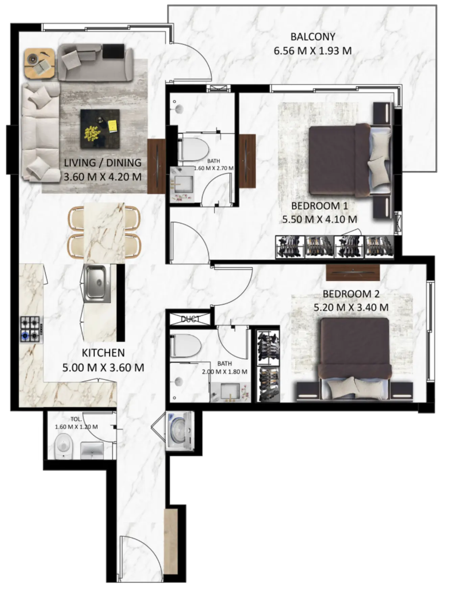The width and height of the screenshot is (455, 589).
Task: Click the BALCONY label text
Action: (x=312, y=37)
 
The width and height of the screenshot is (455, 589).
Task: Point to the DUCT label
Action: (x=190, y=319)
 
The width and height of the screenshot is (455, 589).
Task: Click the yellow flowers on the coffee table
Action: (x=92, y=133)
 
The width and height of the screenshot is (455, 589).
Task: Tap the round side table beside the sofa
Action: (x=39, y=63)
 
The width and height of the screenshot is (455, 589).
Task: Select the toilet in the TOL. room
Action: (x=64, y=446)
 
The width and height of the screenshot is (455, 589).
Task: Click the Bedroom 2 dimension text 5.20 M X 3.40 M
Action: (x=351, y=308)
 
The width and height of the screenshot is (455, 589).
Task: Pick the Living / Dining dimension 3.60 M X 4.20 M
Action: (x=102, y=177)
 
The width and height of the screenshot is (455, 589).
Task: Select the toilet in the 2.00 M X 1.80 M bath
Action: (x=185, y=346)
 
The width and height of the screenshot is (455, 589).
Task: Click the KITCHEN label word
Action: (x=103, y=353)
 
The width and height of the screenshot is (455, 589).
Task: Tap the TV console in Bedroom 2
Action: (x=353, y=273)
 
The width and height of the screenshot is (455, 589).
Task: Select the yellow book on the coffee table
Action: (x=113, y=126)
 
